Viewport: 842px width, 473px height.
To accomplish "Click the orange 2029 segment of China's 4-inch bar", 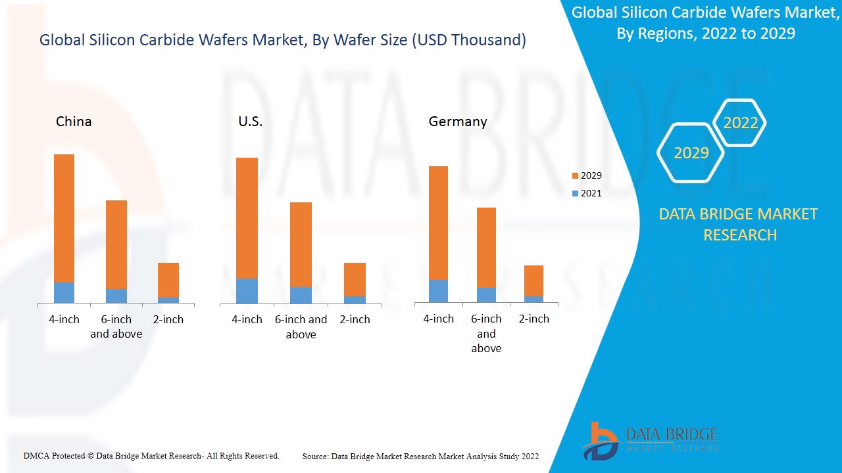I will (64, 218).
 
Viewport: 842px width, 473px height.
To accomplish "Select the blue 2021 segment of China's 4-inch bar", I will (64, 293).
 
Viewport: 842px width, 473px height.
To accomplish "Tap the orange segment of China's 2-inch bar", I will (168, 280).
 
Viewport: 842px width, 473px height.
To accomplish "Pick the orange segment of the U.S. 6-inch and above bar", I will (301, 244).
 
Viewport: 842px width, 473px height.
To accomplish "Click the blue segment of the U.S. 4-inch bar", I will (247, 291).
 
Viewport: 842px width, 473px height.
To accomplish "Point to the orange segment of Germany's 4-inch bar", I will (438, 223).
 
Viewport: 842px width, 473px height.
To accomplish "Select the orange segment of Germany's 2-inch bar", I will (533, 281).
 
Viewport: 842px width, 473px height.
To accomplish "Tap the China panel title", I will (74, 122).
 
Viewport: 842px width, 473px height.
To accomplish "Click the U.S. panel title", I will (250, 122).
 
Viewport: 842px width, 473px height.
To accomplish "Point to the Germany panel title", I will (458, 122).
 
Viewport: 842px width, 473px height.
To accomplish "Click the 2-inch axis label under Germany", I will (534, 319).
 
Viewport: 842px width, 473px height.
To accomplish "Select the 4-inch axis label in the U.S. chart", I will (247, 319).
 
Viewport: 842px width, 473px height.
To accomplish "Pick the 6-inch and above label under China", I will (116, 327).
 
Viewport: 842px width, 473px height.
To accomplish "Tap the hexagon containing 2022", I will (740, 123).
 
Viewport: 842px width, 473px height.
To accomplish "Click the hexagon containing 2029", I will (691, 152).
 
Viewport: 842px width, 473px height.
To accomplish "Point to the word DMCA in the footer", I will (36, 455).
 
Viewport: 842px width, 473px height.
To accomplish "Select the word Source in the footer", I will (315, 456).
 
